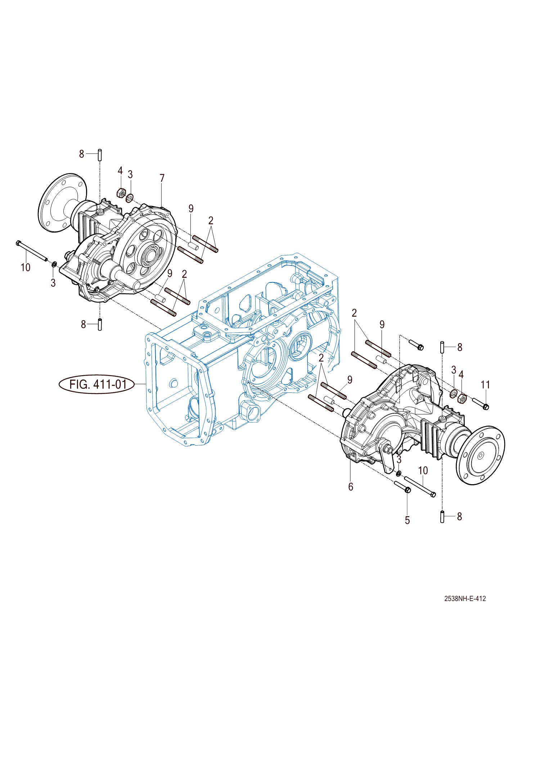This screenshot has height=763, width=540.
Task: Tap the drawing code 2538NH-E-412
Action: click(x=465, y=599)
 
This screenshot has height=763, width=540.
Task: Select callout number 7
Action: click(x=162, y=178)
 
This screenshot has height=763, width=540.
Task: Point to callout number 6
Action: click(x=351, y=487)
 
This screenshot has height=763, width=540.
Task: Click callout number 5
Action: click(x=407, y=521)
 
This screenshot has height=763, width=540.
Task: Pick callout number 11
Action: click(x=485, y=385)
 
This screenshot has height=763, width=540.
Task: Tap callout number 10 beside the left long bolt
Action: click(x=25, y=267)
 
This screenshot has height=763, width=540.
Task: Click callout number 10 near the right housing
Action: click(x=423, y=470)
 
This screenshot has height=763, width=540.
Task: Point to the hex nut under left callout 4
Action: click(x=121, y=193)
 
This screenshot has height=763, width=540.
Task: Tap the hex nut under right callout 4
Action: click(x=462, y=398)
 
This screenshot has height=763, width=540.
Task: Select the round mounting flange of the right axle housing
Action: click(x=481, y=455)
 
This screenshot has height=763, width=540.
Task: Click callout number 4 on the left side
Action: click(x=120, y=171)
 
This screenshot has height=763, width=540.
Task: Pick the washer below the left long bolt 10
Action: click(x=54, y=265)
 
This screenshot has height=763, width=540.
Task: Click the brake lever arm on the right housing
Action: click(x=387, y=457)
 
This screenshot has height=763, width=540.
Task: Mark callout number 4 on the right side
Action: click(x=461, y=374)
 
